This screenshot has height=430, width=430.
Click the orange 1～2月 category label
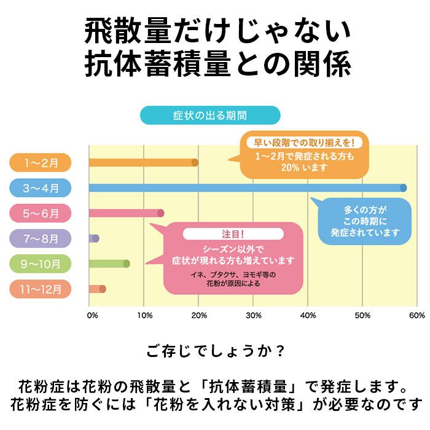pyautogui.click(x=41, y=162)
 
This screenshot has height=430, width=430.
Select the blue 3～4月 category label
pyautogui.click(x=41, y=188)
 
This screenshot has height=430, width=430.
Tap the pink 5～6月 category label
pyautogui.click(x=41, y=213)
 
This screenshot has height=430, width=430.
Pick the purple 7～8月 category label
pyautogui.click(x=41, y=238)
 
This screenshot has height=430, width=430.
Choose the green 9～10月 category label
pyautogui.click(x=41, y=264)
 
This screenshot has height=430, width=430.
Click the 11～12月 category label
pyautogui.click(x=41, y=289)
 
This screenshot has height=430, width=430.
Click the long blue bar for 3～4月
pyautogui.click(x=246, y=188)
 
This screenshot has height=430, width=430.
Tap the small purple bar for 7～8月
pyautogui.click(x=93, y=238)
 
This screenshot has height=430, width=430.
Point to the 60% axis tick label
pyautogui.click(x=416, y=316)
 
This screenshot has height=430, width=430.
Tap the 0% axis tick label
pyautogui.click(x=93, y=316)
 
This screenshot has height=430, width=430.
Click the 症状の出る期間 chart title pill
pyautogui.click(x=210, y=115)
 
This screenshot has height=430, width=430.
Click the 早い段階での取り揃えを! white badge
pyautogui.click(x=305, y=143)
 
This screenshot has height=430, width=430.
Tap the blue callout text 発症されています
pyautogui.click(x=365, y=233)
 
